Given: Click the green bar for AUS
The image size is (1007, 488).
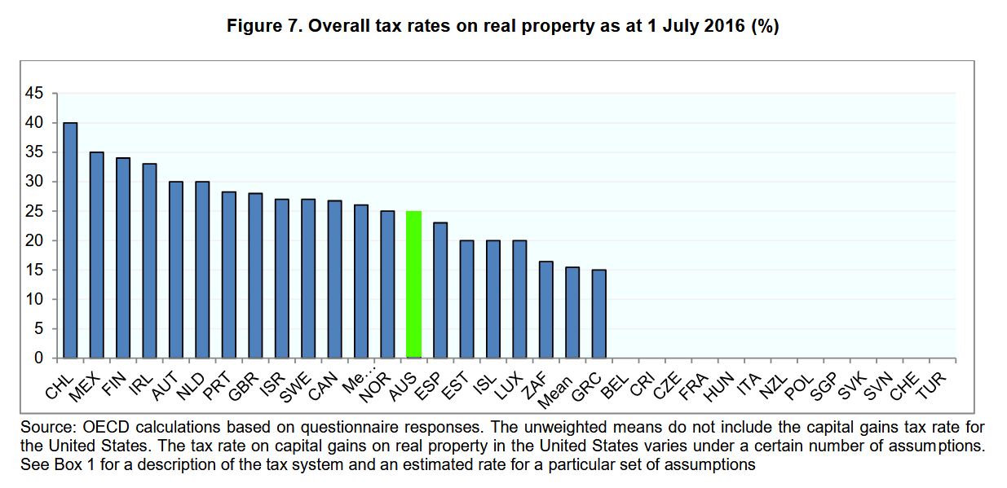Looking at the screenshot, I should pyautogui.click(x=413, y=284).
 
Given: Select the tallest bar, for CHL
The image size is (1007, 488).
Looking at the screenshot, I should pyautogui.click(x=70, y=240).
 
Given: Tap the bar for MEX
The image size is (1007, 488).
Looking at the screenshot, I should pyautogui.click(x=96, y=255).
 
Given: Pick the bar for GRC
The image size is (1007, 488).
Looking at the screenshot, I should pyautogui.click(x=599, y=314).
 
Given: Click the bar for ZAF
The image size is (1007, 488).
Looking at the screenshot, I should pyautogui.click(x=546, y=310).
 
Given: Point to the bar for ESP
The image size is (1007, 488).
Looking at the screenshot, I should pyautogui.click(x=440, y=290).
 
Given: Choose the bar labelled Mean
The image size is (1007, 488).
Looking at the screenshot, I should pyautogui.click(x=572, y=312).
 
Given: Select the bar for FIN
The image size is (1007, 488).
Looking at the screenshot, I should pyautogui.click(x=123, y=258).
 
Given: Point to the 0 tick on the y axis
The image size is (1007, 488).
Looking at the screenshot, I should pyautogui.click(x=38, y=358).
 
